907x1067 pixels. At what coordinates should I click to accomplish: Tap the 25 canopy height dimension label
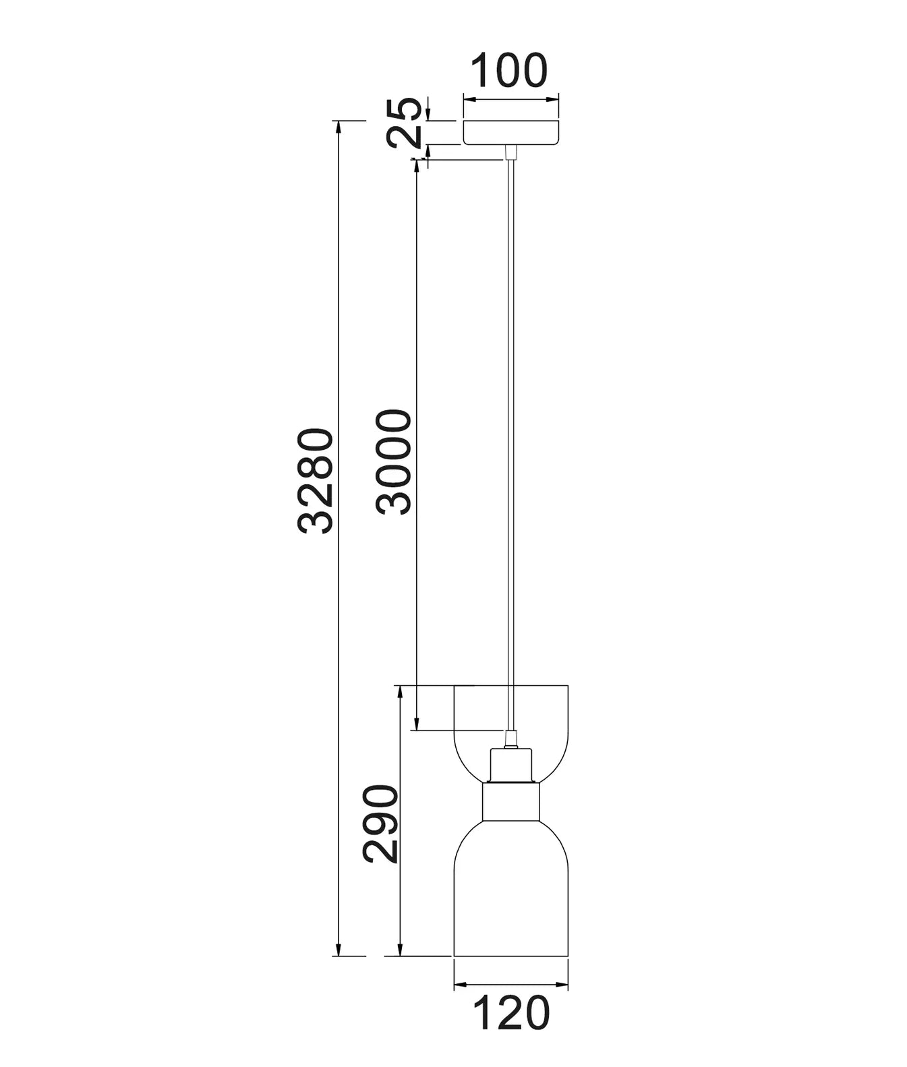point(405,123)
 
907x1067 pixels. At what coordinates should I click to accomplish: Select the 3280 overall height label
point(316,481)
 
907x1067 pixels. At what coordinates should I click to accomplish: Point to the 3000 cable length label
point(394,462)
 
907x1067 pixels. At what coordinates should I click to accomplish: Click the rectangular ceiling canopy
point(511,132)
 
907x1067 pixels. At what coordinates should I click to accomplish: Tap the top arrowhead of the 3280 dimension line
point(338,125)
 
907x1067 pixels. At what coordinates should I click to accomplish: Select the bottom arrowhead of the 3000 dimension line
point(417,724)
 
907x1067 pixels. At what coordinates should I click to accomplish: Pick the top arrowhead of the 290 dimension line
point(401,691)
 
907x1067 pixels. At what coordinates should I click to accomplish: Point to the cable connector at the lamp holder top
point(510,739)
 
